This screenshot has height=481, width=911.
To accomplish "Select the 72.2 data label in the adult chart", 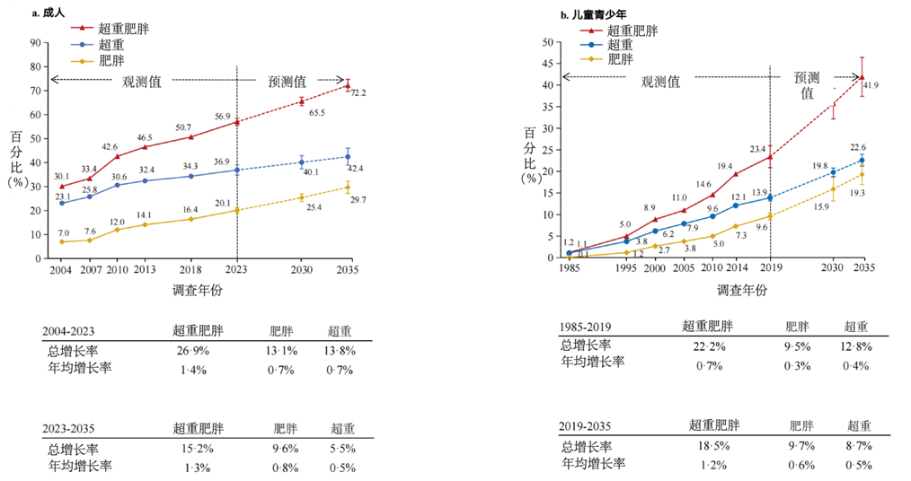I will coord(358,92).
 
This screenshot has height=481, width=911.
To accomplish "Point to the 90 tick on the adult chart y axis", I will coord(36,42).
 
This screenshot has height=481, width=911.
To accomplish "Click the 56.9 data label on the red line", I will coord(222,116).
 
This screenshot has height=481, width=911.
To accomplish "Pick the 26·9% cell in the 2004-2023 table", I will coord(190,352).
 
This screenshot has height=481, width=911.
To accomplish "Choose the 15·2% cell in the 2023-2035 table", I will coord(190,449).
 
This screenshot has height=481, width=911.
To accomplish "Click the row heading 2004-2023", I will coord(71,332).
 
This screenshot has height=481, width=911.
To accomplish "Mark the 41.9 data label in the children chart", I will coord(871,85).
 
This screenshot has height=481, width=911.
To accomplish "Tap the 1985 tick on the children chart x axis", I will coord(568,269).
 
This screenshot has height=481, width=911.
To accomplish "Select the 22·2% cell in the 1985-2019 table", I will coord(706,345).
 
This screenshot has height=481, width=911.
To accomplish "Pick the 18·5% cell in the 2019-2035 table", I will coord(711,446).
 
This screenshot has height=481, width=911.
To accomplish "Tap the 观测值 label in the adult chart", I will coord(142,81).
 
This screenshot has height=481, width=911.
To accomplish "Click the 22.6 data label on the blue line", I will coord(857,148).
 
